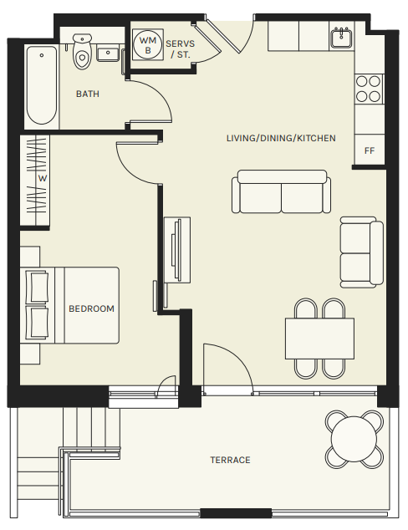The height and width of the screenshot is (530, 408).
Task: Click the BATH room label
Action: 88,94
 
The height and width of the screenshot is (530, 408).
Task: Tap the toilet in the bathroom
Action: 82,51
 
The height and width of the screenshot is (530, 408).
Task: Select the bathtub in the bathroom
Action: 42,85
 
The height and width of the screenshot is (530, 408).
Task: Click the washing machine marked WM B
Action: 148,45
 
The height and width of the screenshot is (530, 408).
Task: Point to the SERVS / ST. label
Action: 180,49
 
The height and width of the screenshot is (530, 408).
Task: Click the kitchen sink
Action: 341,38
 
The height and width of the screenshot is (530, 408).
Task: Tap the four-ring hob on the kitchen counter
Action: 369,89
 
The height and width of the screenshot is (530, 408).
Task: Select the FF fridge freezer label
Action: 370,150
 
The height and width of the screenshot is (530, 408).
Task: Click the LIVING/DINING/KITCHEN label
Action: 281,138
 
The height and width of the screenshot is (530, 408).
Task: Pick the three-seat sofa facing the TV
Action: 281,191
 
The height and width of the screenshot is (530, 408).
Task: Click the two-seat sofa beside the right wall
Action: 361,252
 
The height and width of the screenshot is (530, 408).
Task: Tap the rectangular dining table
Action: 319,339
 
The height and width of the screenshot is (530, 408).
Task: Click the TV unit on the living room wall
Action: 177,250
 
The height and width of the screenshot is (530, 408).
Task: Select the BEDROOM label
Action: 91,308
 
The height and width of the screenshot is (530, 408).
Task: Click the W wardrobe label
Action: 43,178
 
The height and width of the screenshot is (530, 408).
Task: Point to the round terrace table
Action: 354,439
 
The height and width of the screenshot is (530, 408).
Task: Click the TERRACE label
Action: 230,460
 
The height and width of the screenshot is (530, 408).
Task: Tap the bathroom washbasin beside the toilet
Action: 108,54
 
